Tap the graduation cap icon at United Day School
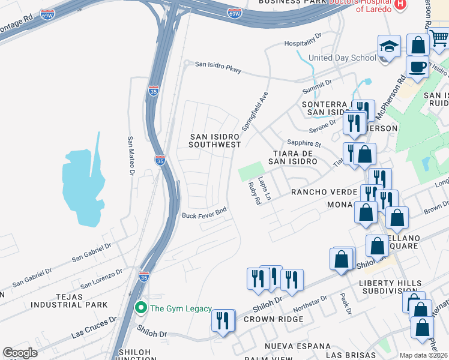[x=389, y=47]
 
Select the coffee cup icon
[x=417, y=67]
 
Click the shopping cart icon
[x=440, y=38]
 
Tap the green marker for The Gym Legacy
[x=141, y=308]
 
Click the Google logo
[x=20, y=353]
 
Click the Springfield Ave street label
[x=254, y=112]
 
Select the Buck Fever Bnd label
[x=205, y=213]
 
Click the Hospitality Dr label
[x=304, y=43]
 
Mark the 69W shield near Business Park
[x=235, y=13]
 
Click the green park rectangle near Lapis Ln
[x=251, y=171]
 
